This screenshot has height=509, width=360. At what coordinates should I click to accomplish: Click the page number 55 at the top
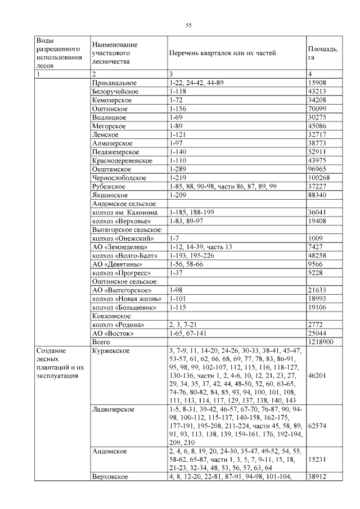188,25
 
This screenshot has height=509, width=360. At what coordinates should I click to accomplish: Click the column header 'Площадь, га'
322,53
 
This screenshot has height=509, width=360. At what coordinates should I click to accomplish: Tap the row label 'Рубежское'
109,186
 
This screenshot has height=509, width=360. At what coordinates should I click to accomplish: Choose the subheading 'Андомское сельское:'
124,204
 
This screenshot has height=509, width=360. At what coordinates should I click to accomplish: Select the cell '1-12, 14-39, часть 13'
200,246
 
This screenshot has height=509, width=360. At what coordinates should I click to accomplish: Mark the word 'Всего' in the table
101,341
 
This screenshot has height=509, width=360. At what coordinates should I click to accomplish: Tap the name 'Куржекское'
111,350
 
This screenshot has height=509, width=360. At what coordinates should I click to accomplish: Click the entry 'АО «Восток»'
112,333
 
